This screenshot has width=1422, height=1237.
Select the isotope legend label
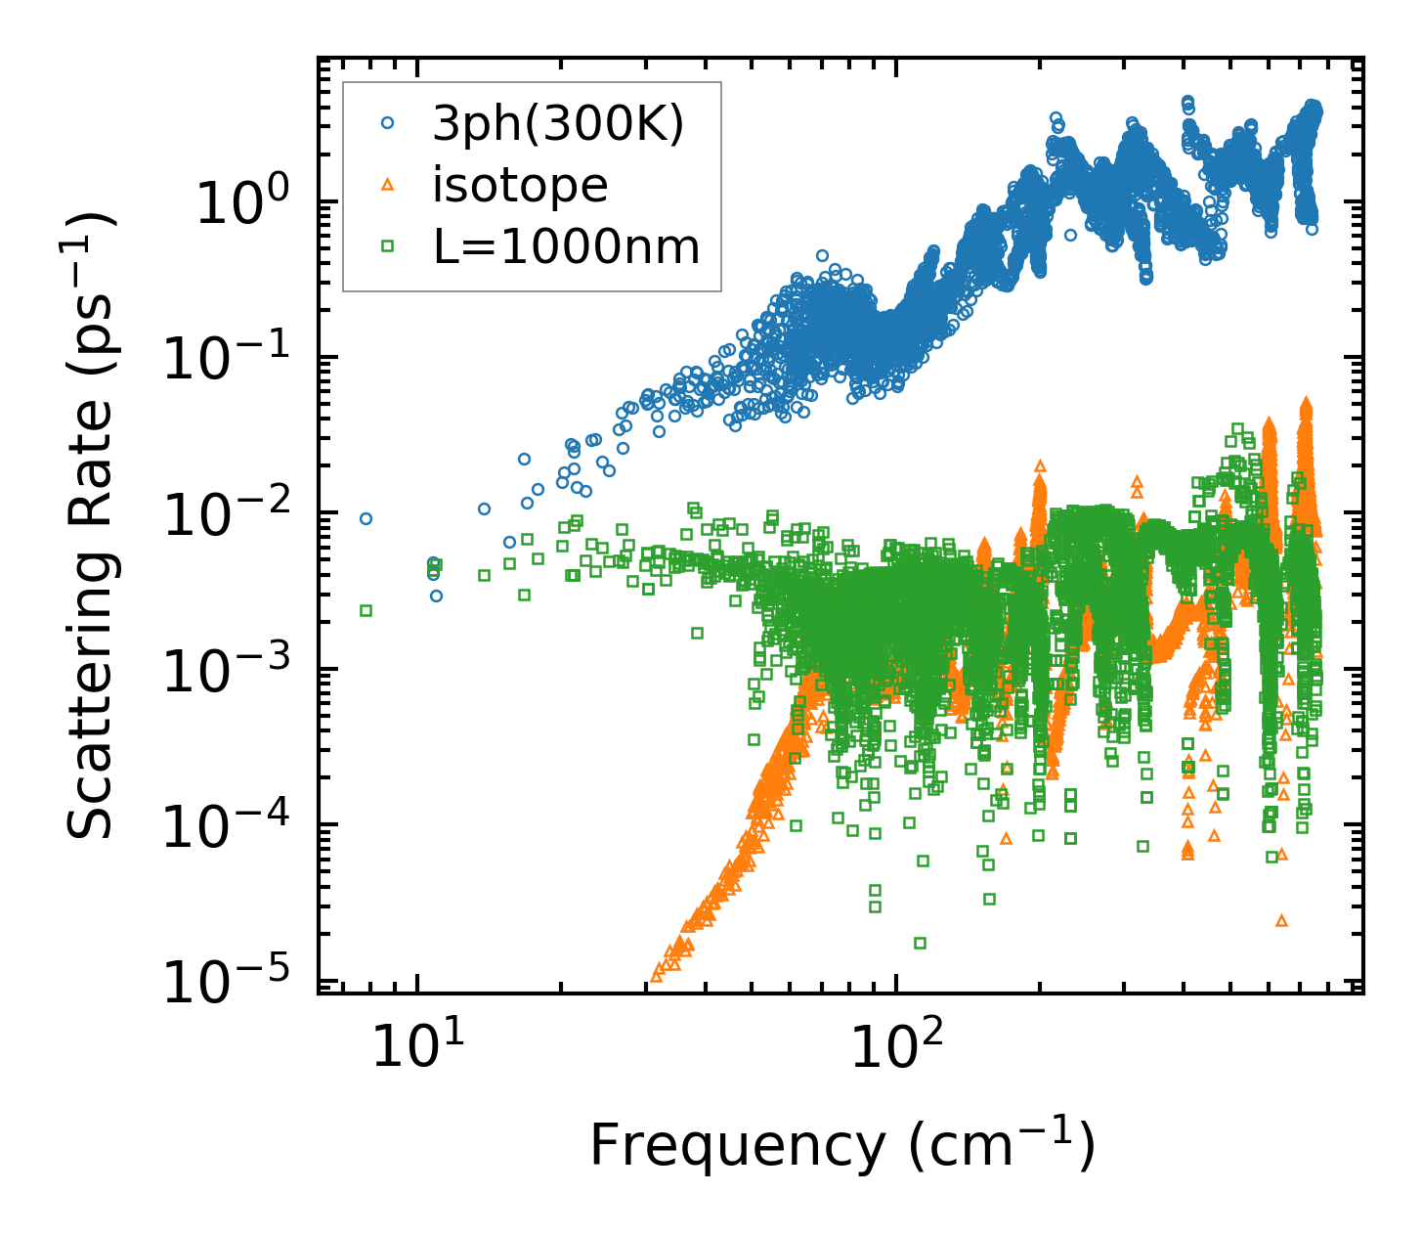(520, 185)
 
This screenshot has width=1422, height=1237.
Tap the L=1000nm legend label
(567, 247)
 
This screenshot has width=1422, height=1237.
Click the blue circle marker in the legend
(388, 123)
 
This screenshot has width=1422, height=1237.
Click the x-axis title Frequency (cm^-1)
(841, 1145)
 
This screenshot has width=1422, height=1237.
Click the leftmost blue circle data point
(366, 518)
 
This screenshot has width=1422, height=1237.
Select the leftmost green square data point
(366, 610)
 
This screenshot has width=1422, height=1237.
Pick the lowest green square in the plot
(920, 943)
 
